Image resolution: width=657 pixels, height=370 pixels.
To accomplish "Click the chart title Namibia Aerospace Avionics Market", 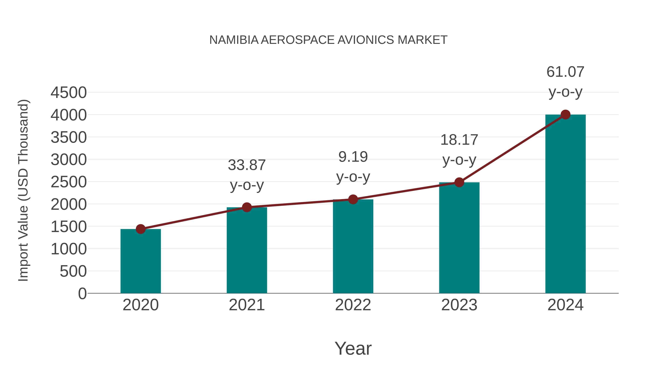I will point(328,40).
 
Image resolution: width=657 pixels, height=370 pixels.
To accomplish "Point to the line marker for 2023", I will point(459,182).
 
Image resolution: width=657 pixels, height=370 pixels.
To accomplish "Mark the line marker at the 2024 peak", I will point(565,115).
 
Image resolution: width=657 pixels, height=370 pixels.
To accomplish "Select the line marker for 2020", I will point(141,229).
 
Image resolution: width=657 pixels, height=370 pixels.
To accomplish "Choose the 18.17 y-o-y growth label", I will point(459,150).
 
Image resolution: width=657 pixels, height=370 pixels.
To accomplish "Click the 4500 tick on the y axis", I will point(69,93).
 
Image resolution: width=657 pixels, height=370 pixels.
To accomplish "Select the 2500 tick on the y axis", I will point(69,182).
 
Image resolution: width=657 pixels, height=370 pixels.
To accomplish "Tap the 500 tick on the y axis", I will point(73,271).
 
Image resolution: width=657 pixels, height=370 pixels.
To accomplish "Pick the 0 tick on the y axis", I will point(82,293).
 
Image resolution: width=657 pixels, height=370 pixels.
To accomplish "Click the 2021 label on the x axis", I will point(247,305).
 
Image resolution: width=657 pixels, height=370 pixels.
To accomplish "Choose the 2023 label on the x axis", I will point(459,305).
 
